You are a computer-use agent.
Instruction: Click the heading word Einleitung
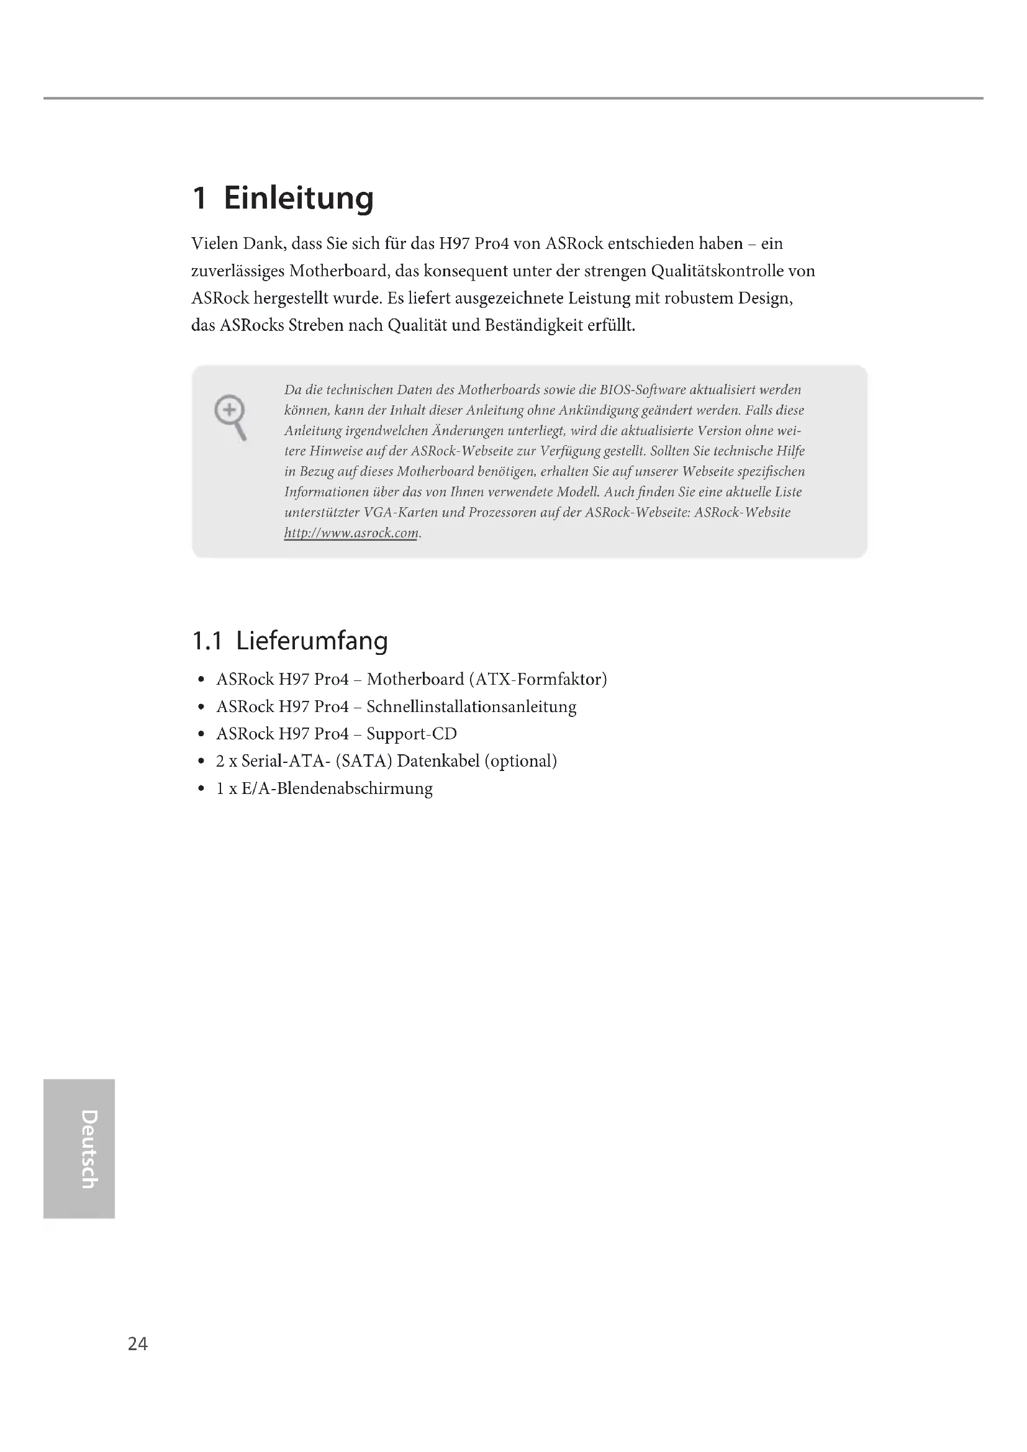pos(299,199)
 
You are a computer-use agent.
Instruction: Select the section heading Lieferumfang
pos(312,641)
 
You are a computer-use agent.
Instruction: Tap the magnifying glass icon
pos(230,417)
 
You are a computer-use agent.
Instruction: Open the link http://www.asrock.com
pos(351,533)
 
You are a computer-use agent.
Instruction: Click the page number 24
pos(138,1343)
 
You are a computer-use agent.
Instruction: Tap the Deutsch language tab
pos(78,1148)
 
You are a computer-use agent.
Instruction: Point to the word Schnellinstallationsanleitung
pos(471,707)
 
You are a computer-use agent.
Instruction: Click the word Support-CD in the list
pos(412,734)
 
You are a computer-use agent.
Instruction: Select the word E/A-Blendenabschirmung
pos(337,788)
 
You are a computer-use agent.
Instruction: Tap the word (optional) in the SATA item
pos(520,762)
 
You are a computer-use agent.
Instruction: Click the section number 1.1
pos(207,641)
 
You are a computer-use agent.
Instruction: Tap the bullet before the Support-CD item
pos(201,734)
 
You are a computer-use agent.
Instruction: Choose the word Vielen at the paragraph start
pos(214,244)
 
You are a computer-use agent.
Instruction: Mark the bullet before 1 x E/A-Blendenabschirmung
pos(201,788)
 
